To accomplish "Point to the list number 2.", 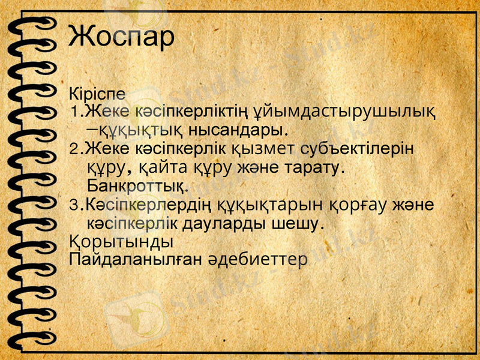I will coord(74,148).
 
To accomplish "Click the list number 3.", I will coord(74,206).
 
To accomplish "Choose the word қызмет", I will coord(245,148).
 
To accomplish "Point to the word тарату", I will coord(313,166).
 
